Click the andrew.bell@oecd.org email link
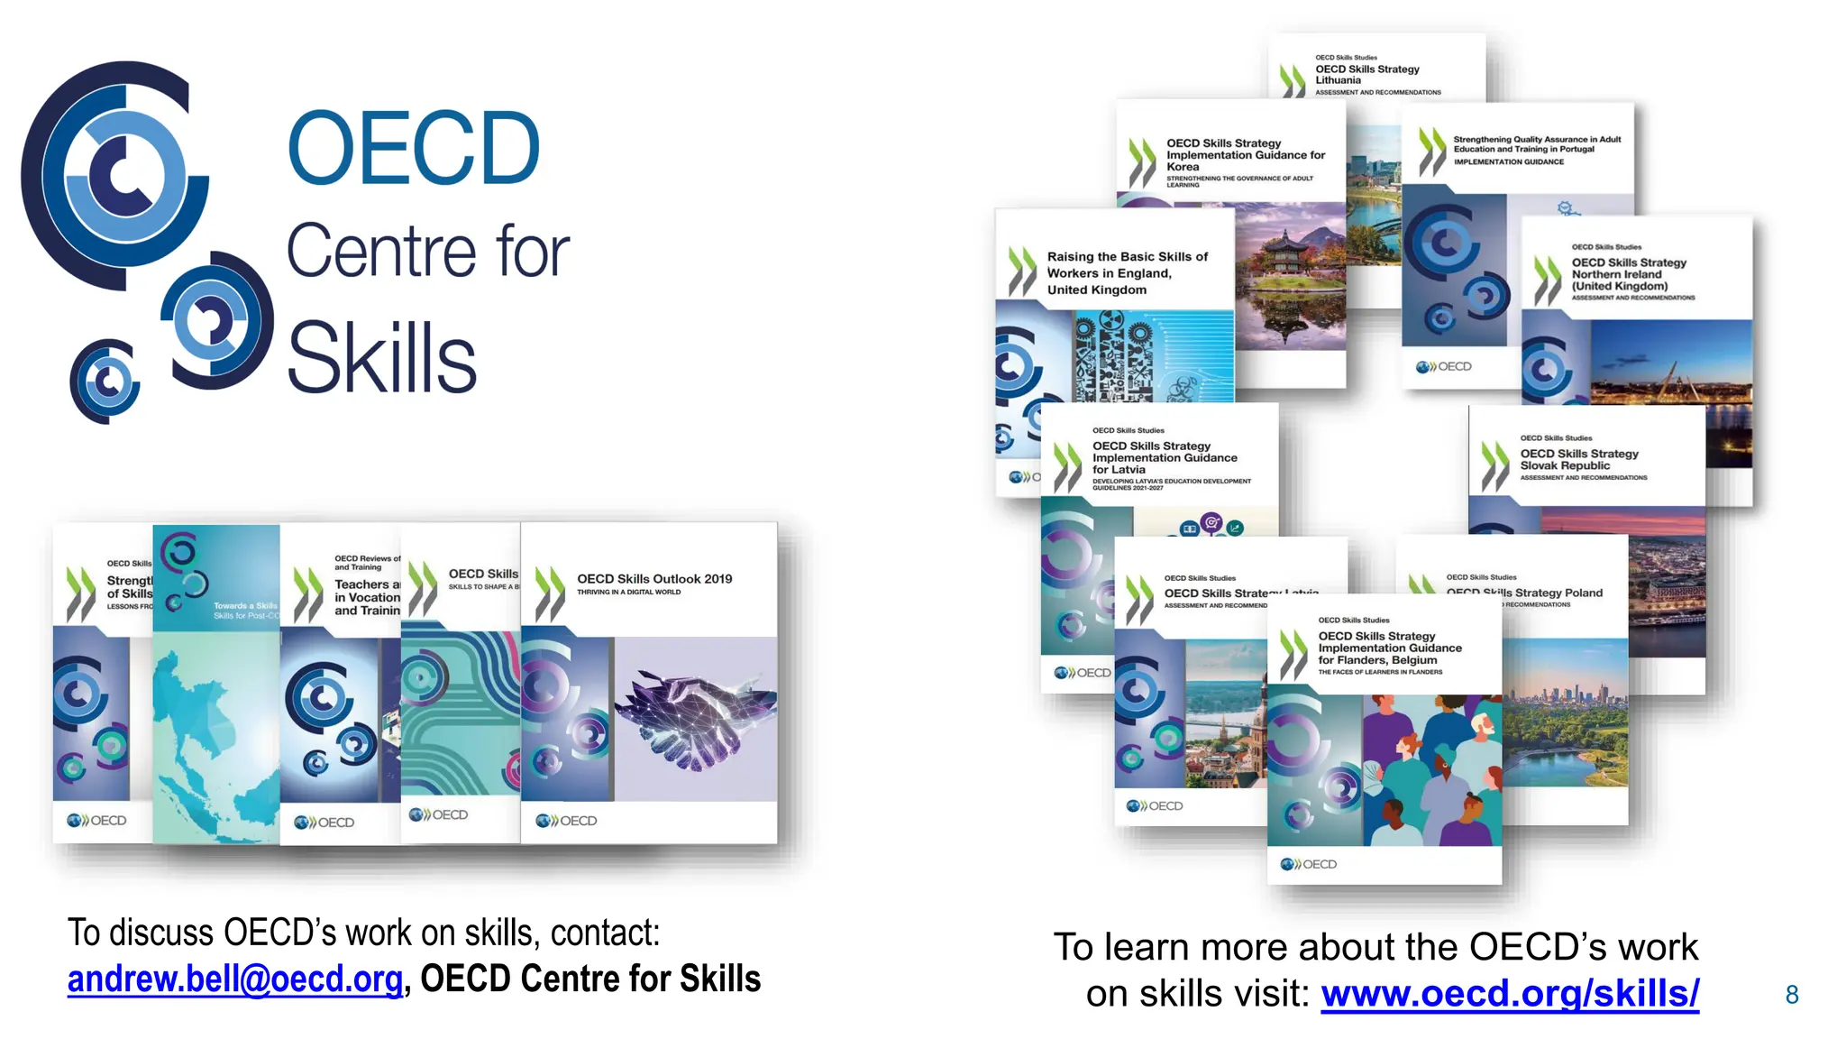click(234, 979)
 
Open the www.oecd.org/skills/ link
click(1510, 994)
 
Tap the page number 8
click(1792, 995)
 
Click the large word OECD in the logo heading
click(413, 149)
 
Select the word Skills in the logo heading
click(381, 359)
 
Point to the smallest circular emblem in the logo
click(105, 382)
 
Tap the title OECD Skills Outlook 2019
click(654, 579)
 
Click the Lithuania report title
click(1366, 75)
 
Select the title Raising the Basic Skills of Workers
click(1127, 273)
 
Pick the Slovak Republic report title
click(1578, 460)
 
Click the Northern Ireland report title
click(1628, 274)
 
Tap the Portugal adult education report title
click(1536, 144)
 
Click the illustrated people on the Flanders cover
click(1431, 771)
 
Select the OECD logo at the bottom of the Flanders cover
click(1309, 864)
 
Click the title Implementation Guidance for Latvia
click(1164, 458)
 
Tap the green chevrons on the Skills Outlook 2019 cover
click(549, 594)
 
